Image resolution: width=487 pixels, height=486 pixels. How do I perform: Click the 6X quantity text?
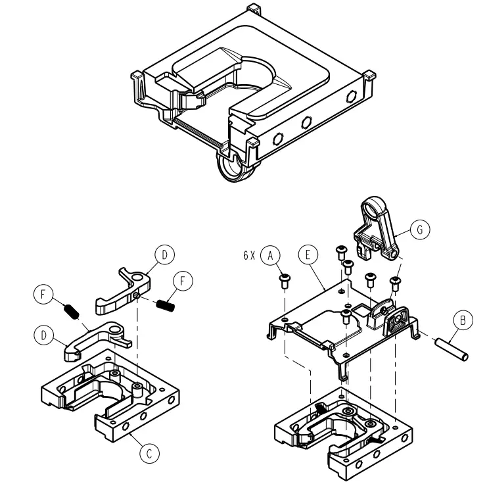[x=248, y=254]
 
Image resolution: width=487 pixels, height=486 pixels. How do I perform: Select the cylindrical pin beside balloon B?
[x=452, y=349]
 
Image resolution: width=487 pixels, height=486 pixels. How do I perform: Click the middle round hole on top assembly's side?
[x=306, y=122]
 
